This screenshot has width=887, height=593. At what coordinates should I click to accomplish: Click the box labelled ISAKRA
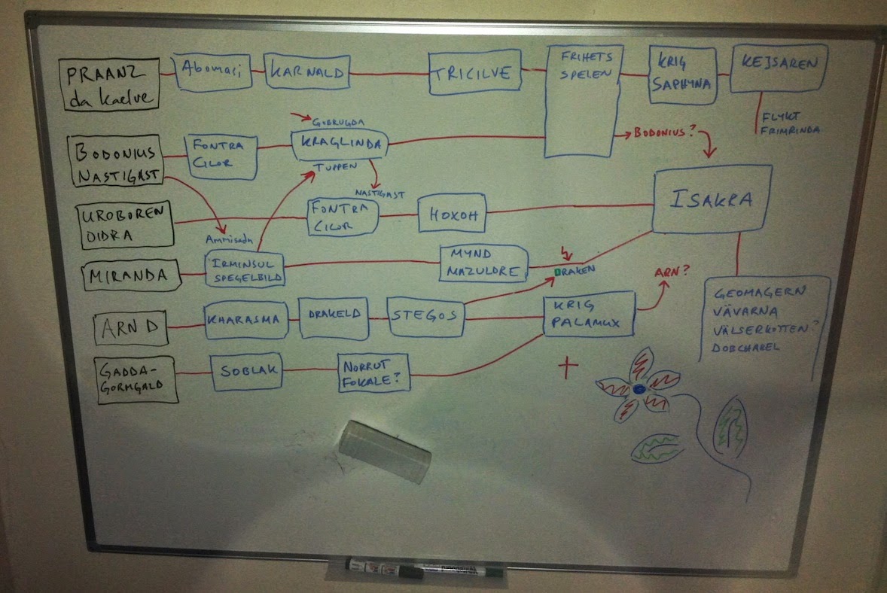[712, 199]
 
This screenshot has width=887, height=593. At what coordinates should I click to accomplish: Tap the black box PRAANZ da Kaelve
[111, 84]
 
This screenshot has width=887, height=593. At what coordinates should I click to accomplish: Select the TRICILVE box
[474, 73]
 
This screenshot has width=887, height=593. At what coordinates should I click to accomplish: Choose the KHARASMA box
[245, 319]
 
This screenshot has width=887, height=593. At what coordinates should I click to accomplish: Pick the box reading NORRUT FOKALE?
[373, 373]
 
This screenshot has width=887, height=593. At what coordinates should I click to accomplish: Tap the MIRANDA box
[133, 275]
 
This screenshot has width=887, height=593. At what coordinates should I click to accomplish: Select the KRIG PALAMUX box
[588, 315]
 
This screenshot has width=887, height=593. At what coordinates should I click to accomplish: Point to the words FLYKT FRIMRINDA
[788, 123]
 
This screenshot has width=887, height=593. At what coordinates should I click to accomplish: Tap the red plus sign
[567, 366]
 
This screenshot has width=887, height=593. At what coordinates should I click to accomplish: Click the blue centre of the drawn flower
[639, 389]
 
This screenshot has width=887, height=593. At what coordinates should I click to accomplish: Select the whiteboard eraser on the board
[385, 451]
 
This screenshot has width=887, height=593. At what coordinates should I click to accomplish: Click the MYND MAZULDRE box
[483, 263]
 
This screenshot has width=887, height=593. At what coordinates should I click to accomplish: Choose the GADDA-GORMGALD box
[136, 379]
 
